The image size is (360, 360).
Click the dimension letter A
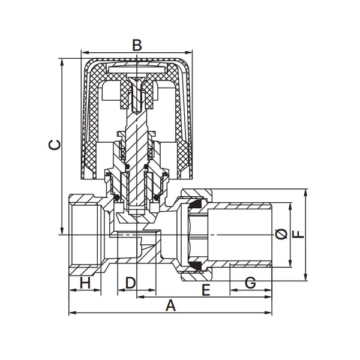(x=170, y=305)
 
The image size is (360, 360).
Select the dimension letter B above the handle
(x=137, y=45)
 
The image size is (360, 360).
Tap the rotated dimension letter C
(x=55, y=145)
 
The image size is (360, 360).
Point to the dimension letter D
(x=131, y=283)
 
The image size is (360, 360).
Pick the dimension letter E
(x=206, y=290)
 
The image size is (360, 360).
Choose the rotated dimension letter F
(x=298, y=235)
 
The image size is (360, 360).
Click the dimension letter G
(x=250, y=283)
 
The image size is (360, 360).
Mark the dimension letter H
(x=85, y=283)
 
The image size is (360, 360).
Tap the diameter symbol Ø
(x=281, y=234)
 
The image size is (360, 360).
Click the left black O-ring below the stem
(x=117, y=197)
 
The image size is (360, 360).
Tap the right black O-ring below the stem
(x=157, y=197)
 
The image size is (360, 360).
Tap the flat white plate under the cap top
(x=137, y=70)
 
